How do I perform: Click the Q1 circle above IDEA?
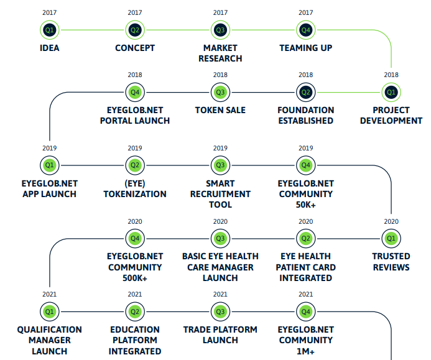tap(50, 30)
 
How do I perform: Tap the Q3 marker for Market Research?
tap(220, 30)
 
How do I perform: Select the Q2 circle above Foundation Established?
tap(305, 93)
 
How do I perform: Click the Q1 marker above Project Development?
tap(391, 93)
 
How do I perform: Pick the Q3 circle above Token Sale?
tap(220, 93)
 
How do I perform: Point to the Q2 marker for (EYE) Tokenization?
tap(135, 165)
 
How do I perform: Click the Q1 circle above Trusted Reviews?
tap(391, 239)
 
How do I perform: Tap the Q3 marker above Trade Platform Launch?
tap(220, 312)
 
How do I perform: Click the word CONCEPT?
tap(135, 48)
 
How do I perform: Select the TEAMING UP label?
tap(305, 48)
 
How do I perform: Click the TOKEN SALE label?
tap(220, 110)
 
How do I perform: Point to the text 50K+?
tap(305, 205)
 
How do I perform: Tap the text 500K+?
tap(135, 278)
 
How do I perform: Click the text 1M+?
tap(305, 351)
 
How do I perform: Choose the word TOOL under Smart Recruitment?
tap(220, 205)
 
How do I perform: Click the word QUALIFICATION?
tap(50, 330)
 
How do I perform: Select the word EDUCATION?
tap(135, 330)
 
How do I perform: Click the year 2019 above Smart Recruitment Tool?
tap(220, 148)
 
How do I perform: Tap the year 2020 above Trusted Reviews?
tap(391, 221)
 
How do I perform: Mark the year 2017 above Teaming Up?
tap(305, 12)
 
